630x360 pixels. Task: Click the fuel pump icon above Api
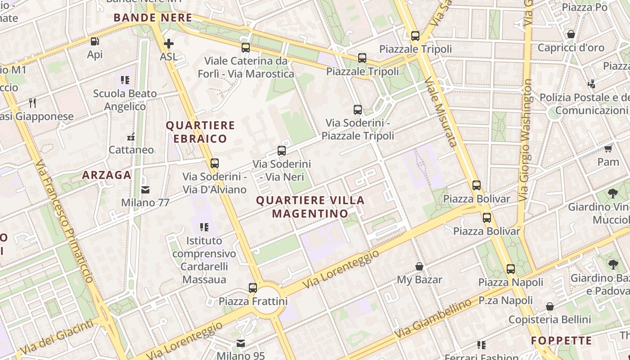click(94, 41)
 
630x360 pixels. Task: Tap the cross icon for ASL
click(169, 44)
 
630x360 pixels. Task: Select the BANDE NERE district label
click(153, 18)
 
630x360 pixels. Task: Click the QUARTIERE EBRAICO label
click(200, 132)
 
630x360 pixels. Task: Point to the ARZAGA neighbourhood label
click(107, 175)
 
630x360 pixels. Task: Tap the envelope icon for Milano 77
click(145, 190)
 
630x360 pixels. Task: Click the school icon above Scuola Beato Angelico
click(125, 81)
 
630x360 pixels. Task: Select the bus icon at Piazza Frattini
click(253, 288)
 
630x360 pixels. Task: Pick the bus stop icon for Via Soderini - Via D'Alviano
click(215, 163)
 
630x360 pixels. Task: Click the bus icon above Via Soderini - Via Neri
click(282, 151)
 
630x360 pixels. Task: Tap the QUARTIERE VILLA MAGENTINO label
click(310, 207)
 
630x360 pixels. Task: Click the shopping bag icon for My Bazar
click(419, 267)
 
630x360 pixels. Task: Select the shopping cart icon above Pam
click(608, 148)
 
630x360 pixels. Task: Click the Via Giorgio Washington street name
click(526, 139)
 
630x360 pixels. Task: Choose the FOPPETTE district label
click(561, 341)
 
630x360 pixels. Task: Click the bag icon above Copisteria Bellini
click(550, 307)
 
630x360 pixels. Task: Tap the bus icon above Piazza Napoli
click(511, 270)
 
